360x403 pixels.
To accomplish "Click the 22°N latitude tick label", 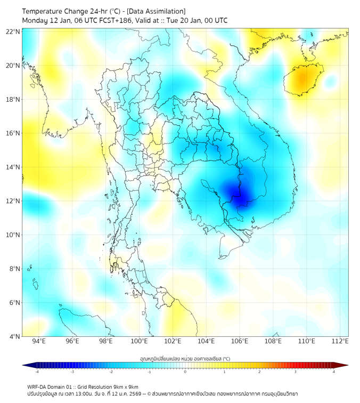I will click(13, 31).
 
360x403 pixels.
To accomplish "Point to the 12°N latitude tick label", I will click(13, 201).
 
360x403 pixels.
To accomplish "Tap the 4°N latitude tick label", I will click(15, 336).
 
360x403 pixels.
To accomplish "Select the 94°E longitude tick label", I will click(39, 341).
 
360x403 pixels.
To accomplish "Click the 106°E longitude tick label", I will click(240, 341).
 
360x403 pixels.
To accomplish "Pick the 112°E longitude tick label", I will click(340, 341).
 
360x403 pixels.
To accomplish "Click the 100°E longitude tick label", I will click(139, 341).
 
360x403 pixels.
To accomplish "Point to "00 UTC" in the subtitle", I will click(215, 20).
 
